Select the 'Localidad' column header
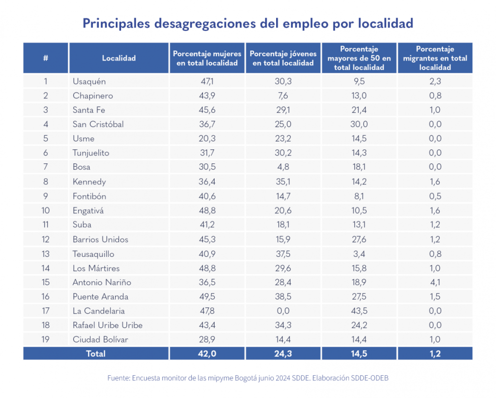coord(119,58)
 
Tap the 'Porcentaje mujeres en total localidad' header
coord(207,58)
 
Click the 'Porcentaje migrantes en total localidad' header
coord(435,58)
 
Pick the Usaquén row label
coord(89,81)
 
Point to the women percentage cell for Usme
coord(207,138)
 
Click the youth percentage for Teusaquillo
coord(283,254)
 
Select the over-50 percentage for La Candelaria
coord(359,311)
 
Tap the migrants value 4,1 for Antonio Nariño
coord(435,282)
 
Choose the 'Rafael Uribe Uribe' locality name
coord(108,325)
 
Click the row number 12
coord(46,239)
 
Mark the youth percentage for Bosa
coord(283,167)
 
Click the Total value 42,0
coord(207,354)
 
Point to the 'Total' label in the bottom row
coord(95,354)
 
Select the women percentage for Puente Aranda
coord(207,296)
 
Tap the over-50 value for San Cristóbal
coord(359,124)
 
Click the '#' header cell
coord(46,58)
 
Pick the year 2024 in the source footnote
coord(283,378)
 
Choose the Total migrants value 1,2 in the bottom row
coord(435,354)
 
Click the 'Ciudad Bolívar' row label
coord(100,339)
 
